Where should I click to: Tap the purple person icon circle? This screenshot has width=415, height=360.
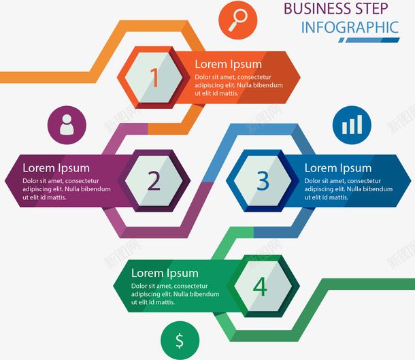[67, 125]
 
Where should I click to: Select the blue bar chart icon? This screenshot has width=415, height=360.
[352, 125]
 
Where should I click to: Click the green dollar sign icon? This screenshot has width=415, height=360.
[180, 340]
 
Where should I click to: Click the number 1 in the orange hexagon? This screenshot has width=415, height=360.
[154, 78]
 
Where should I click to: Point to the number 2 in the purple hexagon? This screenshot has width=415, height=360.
[154, 180]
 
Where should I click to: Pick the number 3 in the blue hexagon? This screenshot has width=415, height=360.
[263, 180]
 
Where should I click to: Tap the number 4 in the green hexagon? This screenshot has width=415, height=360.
[260, 287]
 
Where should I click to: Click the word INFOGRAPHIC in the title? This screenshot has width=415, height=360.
[350, 28]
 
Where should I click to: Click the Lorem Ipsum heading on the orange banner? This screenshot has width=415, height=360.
[228, 64]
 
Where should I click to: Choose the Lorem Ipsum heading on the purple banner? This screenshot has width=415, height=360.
[56, 168]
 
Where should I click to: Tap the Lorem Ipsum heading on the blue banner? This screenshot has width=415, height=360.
[337, 168]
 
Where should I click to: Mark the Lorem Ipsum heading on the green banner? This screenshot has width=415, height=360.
[165, 274]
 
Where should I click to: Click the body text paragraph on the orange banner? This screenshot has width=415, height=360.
[239, 85]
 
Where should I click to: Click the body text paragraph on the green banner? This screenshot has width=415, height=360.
[175, 295]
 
